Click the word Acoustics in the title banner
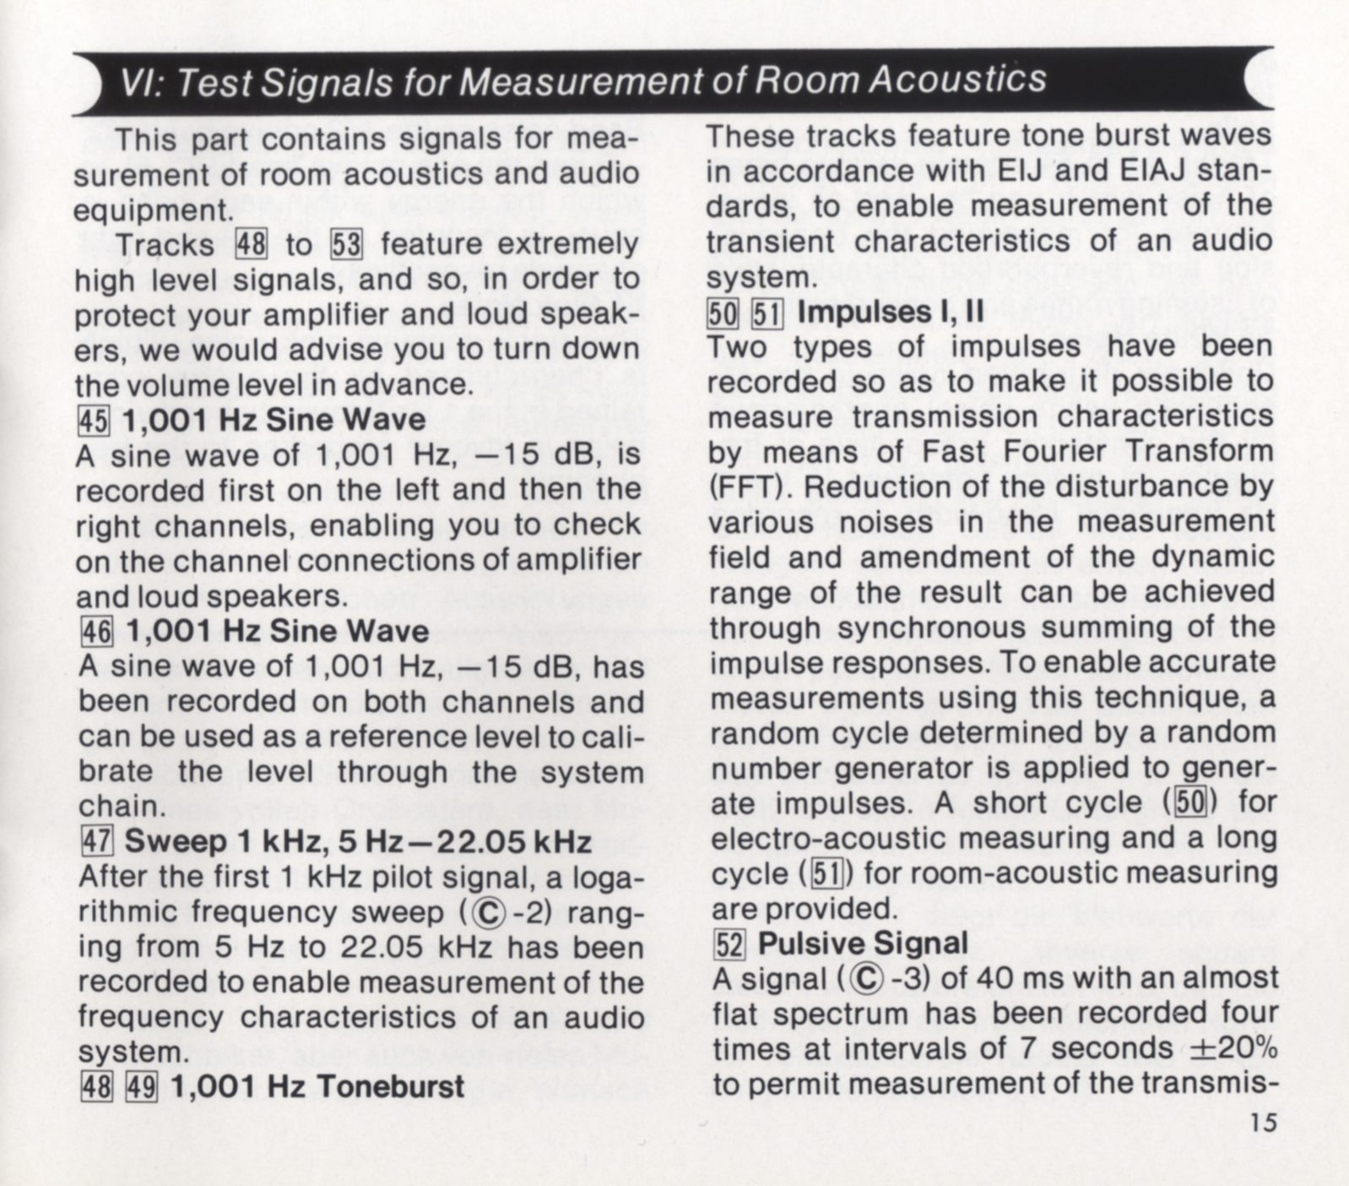(x=957, y=79)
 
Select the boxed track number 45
(x=93, y=420)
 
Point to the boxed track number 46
(x=95, y=631)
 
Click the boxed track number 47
(x=95, y=841)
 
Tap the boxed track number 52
(x=729, y=943)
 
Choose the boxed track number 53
(x=346, y=245)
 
